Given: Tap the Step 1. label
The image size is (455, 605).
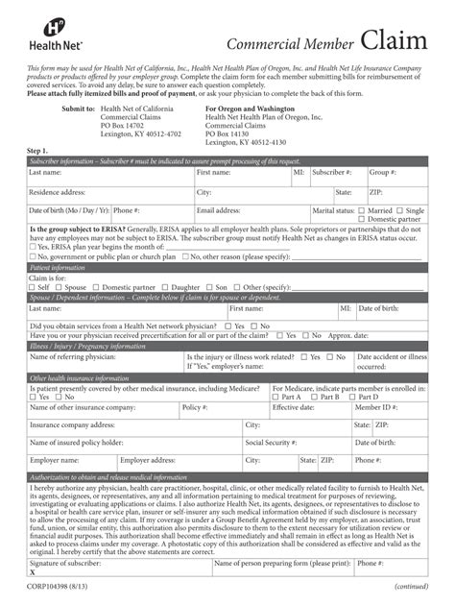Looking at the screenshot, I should coord(38,152).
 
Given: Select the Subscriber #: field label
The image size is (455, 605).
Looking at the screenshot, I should coord(331,173).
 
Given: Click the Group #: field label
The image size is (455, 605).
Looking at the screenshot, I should coord(383,173).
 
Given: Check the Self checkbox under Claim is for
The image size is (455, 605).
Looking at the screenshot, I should coord(33,287).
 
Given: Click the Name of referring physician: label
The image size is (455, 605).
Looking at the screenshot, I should coord(73,357).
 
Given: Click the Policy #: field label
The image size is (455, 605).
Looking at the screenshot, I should coord(195,407).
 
